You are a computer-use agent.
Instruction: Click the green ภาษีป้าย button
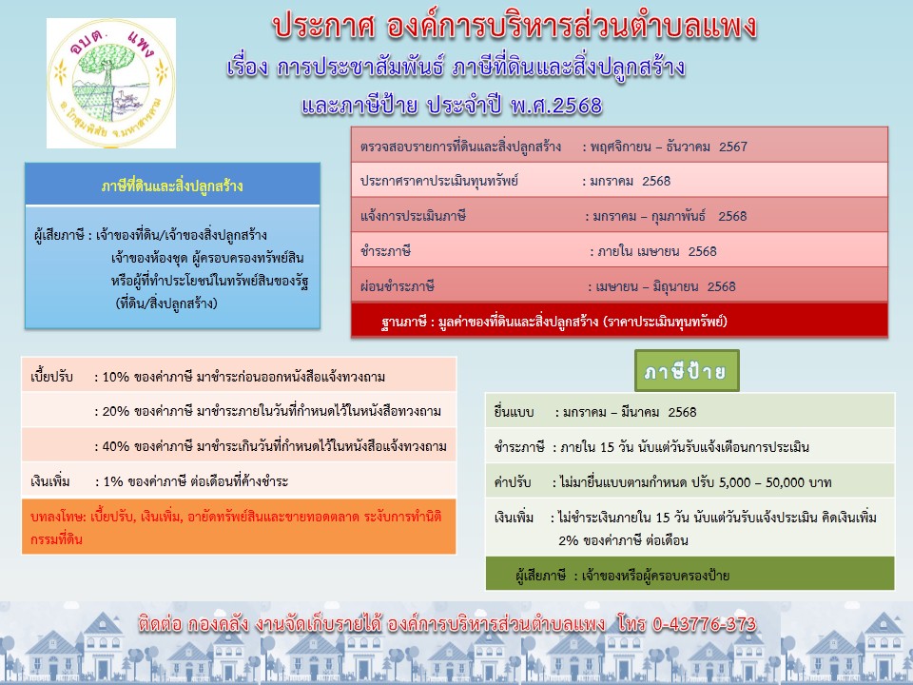pos(687,370)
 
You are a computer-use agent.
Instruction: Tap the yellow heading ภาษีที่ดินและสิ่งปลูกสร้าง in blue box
pos(172,186)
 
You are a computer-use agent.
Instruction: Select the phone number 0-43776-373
pos(704,624)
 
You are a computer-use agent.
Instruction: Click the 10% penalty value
pos(115,377)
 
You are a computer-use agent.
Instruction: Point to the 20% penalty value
pos(115,411)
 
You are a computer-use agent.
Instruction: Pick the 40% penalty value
pos(115,446)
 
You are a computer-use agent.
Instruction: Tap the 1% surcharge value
pos(113,481)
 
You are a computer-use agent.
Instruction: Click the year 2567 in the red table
pos(733,147)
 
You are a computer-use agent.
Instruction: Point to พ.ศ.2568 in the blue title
pos(556,106)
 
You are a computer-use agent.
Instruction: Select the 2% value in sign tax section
pos(569,540)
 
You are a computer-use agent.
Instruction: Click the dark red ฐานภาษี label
pos(404,322)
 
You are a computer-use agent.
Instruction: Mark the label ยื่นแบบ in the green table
pos(514,412)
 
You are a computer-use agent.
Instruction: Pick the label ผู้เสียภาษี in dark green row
pos(540,577)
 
